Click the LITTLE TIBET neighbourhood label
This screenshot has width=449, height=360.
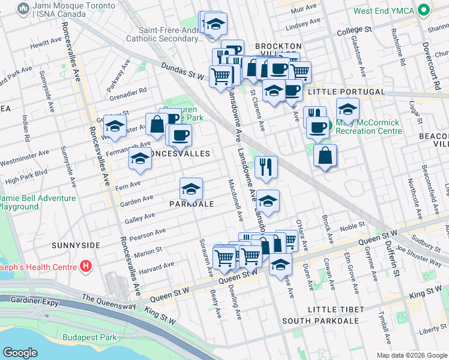pos(336,309)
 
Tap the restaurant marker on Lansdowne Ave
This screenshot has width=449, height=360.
pos(265,167)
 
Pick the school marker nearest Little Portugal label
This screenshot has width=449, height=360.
pos(347,109)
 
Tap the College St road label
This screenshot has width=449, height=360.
pos(354,29)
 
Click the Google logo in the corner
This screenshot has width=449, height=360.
pos(20,353)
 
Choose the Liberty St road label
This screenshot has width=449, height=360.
pos(433,331)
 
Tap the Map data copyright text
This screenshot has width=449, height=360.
pos(411,355)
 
